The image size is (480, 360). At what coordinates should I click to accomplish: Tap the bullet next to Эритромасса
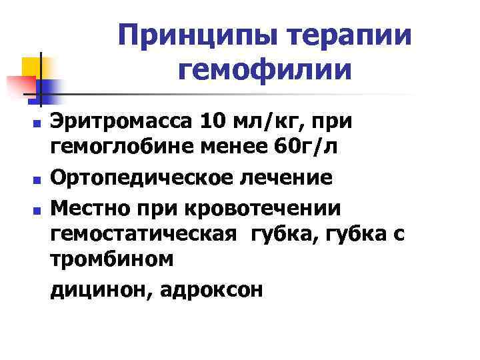(x=39, y=124)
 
